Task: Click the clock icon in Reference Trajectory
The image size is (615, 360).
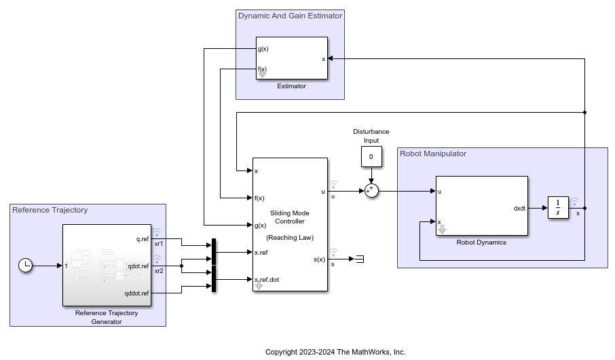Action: [25, 266]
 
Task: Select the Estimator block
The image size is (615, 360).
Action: [292, 58]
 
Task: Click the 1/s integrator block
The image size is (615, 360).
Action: [557, 207]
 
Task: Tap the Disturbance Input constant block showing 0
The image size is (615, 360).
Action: [371, 157]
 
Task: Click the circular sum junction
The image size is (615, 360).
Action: [371, 191]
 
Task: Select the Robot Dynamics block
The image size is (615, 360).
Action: [481, 205]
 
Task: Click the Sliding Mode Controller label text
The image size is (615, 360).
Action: [290, 217]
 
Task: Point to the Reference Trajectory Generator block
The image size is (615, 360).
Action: [106, 265]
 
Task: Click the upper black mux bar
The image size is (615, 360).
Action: [214, 251]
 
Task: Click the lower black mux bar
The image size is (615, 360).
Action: [214, 278]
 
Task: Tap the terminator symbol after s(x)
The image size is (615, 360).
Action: [360, 258]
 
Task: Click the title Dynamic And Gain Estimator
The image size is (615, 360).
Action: [290, 15]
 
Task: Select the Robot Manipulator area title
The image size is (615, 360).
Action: [433, 154]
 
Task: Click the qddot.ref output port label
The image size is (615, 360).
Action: [136, 293]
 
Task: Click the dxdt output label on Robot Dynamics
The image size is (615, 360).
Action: [520, 208]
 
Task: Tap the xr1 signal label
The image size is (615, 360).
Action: [159, 244]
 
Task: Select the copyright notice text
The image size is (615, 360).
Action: [335, 352]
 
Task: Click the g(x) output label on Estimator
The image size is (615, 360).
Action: [262, 49]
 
